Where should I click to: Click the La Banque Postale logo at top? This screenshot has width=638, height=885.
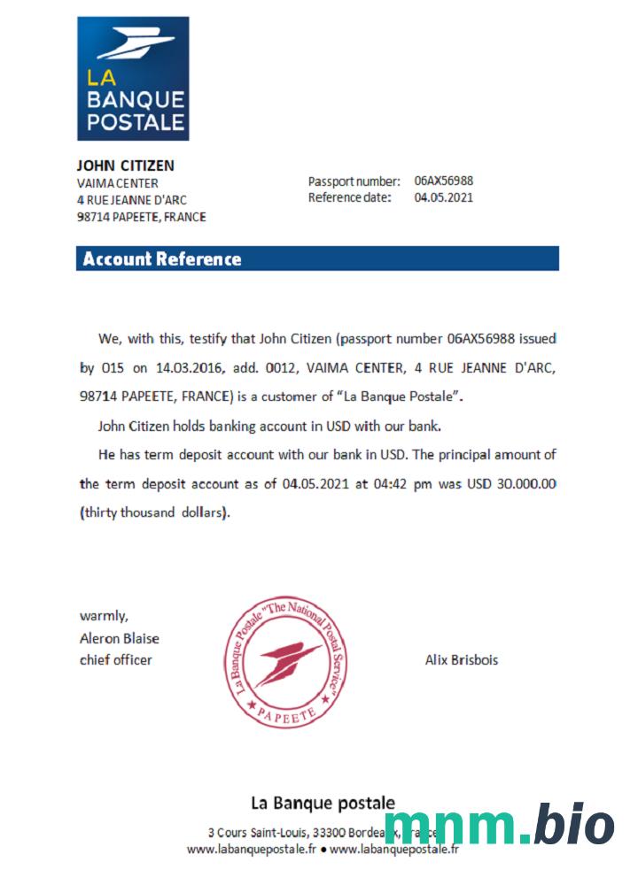pos(133,78)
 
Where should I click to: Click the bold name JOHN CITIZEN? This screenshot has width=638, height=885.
pos(125,165)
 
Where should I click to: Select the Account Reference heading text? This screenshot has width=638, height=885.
pos(162,259)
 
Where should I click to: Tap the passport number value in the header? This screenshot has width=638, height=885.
pos(443,181)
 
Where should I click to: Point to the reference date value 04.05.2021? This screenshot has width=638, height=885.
pos(443,197)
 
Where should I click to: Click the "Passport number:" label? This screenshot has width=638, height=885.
pos(354,181)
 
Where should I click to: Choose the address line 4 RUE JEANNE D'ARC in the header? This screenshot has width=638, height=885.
pos(132,200)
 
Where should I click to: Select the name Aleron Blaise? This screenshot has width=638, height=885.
pos(120,638)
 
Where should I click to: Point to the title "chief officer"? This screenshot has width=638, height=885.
pos(116,659)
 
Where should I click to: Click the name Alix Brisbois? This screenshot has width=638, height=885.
pos(462,660)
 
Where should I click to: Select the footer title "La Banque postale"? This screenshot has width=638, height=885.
pos(323,804)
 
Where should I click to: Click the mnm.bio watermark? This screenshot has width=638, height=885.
pos(499,826)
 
